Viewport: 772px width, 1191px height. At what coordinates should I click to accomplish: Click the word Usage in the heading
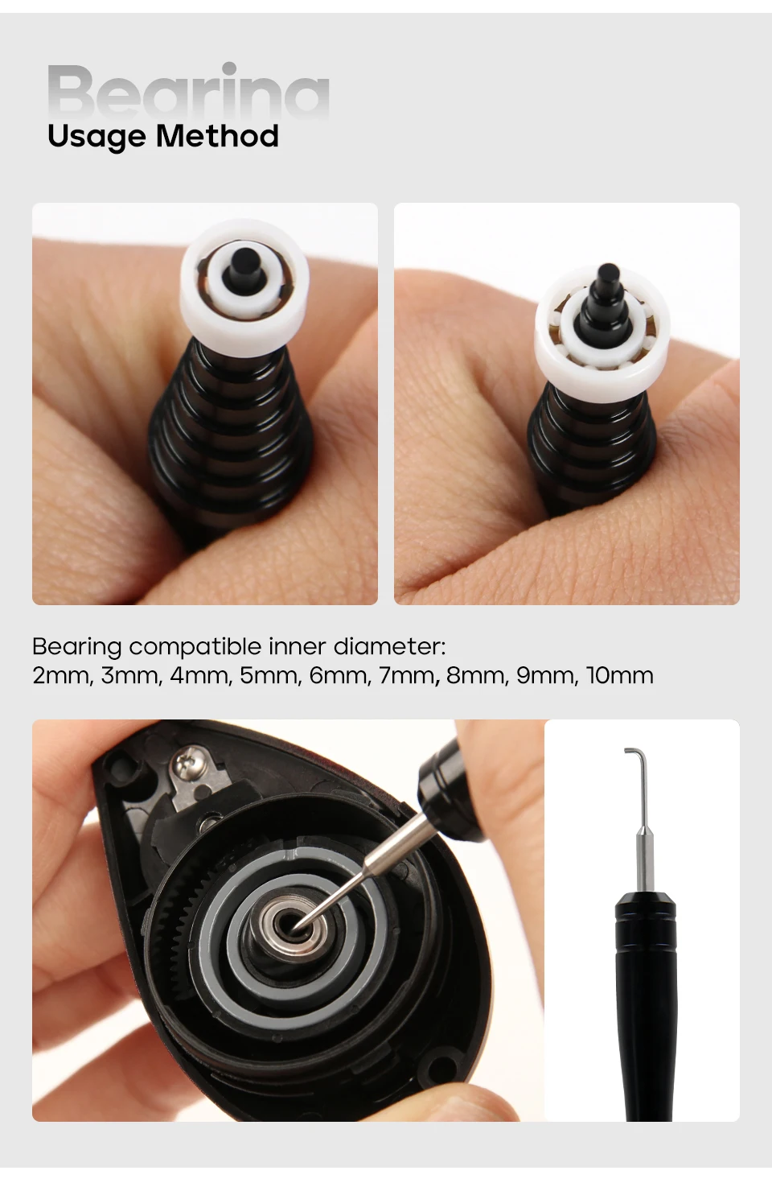pos(96,137)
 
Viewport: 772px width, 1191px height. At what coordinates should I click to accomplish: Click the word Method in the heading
pos(217,135)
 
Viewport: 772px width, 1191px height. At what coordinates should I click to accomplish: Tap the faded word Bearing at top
pos(189,92)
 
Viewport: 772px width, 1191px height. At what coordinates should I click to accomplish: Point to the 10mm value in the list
pos(619,675)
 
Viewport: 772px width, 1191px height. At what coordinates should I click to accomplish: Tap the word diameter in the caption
pos(389,646)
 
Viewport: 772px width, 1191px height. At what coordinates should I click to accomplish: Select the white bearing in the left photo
pos(245,280)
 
